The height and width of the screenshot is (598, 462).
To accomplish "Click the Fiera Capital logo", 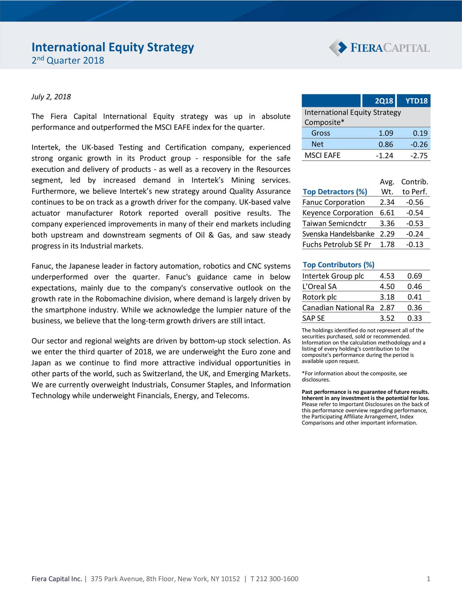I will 379,48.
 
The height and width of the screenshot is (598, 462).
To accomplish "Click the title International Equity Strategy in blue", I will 113,47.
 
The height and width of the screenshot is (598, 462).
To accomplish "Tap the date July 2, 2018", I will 51,97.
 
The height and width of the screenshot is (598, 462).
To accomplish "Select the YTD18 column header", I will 416,101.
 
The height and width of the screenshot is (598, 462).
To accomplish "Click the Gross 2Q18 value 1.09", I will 386,134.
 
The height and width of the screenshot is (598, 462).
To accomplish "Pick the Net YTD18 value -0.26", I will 419,145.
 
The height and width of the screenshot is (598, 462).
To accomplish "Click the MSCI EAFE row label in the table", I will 322,155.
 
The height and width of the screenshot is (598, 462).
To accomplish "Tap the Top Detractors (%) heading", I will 335,192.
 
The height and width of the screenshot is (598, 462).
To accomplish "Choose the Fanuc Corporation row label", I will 334,202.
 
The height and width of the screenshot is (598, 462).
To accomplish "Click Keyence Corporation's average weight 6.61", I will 387,213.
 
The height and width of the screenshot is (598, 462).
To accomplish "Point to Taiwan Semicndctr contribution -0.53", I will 414,224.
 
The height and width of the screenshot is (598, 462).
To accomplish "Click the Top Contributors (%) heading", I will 338,265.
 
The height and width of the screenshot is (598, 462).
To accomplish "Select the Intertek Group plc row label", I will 333,276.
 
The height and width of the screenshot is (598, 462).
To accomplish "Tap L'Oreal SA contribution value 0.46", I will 414,287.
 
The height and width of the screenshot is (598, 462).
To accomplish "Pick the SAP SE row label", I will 313,318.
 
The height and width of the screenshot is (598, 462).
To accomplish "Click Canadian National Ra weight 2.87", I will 387,308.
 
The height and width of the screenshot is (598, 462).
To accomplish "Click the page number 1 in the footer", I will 428,579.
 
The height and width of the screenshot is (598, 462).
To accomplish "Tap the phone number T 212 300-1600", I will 274,579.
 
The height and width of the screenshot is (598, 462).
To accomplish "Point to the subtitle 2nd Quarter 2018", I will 67,60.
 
